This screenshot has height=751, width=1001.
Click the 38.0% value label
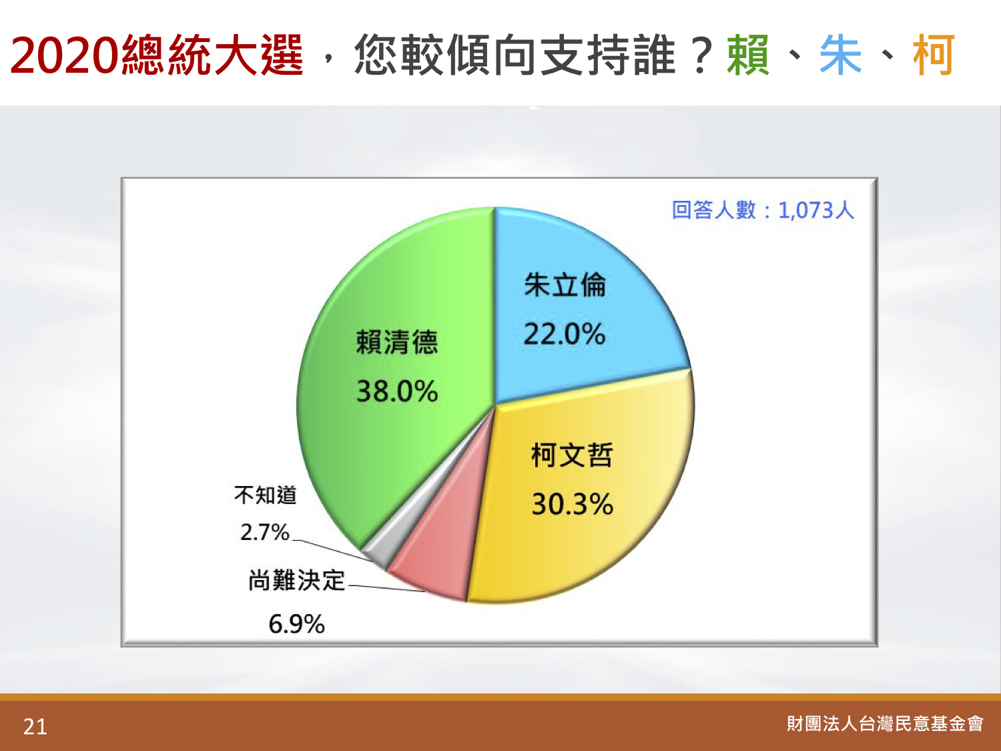(397, 391)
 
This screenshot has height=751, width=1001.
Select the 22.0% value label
(564, 334)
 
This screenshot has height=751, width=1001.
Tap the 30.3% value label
(573, 504)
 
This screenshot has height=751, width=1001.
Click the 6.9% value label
(296, 623)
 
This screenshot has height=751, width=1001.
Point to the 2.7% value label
(264, 531)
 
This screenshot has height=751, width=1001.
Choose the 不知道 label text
(265, 495)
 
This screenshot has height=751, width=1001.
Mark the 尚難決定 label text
(297, 581)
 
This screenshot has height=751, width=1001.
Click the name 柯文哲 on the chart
(572, 455)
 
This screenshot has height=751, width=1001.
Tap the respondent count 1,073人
(816, 210)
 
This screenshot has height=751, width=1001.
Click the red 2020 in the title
(64, 55)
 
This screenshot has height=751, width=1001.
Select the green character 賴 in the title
(748, 55)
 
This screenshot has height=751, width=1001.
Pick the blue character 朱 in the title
(840, 55)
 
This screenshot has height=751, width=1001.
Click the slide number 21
(35, 726)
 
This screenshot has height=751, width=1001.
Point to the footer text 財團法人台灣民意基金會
(885, 724)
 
